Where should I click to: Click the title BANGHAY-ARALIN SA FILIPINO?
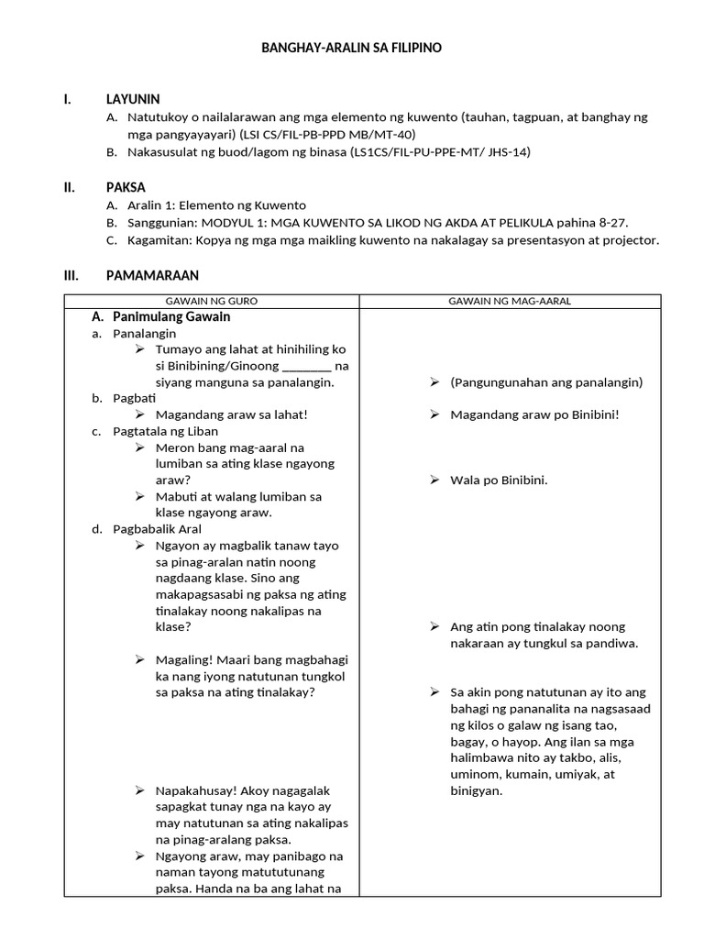pos(352,48)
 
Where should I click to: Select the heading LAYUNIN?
pos(133,99)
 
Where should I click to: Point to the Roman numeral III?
pos(71,275)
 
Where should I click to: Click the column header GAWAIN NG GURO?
pos(211,302)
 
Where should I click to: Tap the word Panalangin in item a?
pos(144,334)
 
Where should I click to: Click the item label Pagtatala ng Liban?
pos(166,431)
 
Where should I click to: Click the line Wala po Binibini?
pos(499,480)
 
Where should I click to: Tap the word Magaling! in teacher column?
pos(184,660)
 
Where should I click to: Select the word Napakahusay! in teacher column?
pos(193,790)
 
